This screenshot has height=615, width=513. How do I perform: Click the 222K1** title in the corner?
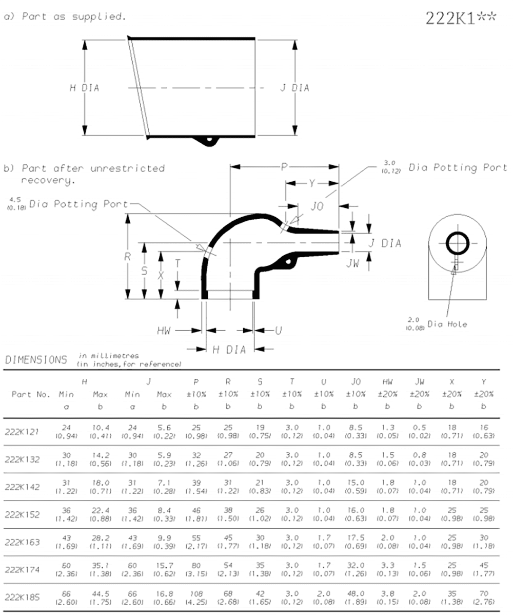click(461, 18)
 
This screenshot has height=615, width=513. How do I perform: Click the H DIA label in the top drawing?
click(84, 88)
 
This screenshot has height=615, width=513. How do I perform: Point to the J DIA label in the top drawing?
click(294, 88)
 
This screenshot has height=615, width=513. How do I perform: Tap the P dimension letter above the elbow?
click(284, 167)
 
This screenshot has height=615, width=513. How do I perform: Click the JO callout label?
click(318, 206)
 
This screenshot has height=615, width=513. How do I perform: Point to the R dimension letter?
click(128, 257)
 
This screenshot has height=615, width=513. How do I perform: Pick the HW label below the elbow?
click(164, 331)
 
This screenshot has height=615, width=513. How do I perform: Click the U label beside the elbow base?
click(278, 331)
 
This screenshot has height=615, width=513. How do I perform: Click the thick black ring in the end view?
click(457, 243)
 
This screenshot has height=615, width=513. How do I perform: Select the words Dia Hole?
click(447, 324)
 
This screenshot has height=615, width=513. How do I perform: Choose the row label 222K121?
click(22, 431)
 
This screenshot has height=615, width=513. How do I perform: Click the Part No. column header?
click(29, 394)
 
